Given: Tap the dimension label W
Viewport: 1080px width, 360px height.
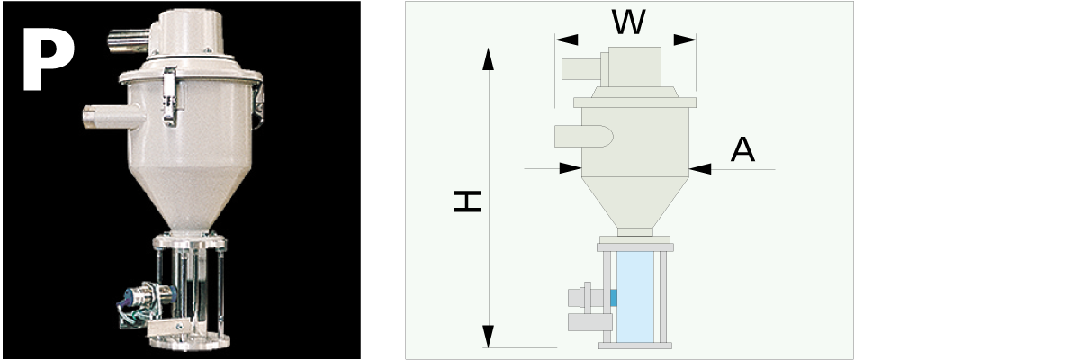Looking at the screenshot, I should click(627, 22).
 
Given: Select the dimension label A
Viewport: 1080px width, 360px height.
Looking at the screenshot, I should click(742, 149).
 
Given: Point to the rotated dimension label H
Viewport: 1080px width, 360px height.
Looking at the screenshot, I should click(467, 203).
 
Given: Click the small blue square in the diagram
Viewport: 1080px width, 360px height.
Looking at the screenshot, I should click(614, 296).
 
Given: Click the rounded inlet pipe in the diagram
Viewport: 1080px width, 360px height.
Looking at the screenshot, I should click(582, 136).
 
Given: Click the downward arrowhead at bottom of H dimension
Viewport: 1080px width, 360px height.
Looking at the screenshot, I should click(489, 337).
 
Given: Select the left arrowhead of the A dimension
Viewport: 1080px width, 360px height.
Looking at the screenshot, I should click(570, 167).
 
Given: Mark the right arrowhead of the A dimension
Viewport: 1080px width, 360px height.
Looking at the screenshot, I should click(699, 167).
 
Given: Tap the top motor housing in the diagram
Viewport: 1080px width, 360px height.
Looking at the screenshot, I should click(638, 67).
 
